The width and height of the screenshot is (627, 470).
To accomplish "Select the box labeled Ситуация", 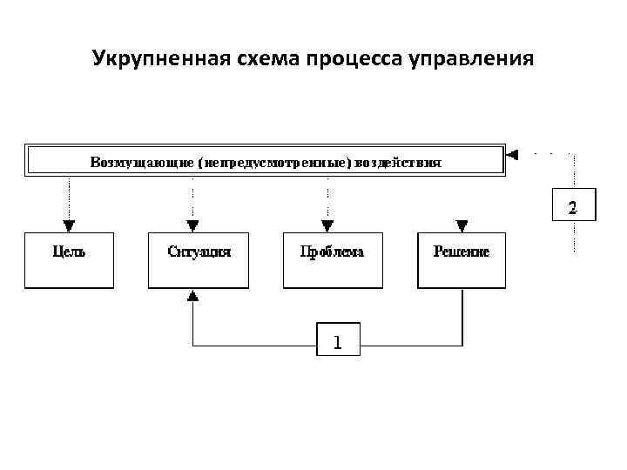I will [x=198, y=259].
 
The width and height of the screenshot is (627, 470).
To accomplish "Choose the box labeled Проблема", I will [x=333, y=259].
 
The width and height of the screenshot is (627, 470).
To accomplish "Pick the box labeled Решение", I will [x=462, y=259].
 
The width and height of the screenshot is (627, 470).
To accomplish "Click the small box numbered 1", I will [x=337, y=340].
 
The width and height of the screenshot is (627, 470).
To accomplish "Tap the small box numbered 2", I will [x=572, y=205].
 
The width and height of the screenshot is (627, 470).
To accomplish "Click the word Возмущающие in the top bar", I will [x=143, y=162].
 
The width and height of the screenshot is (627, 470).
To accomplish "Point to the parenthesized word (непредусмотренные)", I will [x=275, y=162].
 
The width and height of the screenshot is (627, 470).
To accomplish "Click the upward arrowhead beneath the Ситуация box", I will [x=193, y=296].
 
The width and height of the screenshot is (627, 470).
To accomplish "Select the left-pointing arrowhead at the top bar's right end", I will [x=513, y=155].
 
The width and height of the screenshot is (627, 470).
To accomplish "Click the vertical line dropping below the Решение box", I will [x=461, y=313].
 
